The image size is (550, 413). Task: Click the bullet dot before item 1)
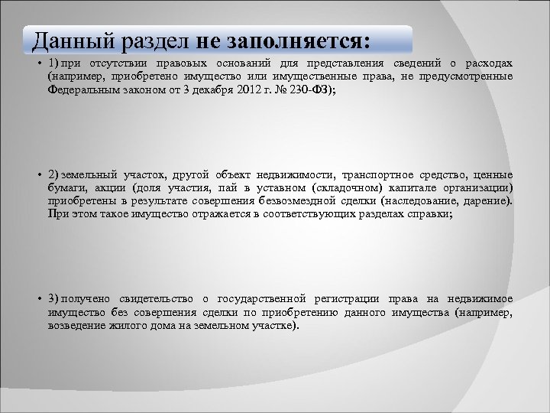37,63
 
